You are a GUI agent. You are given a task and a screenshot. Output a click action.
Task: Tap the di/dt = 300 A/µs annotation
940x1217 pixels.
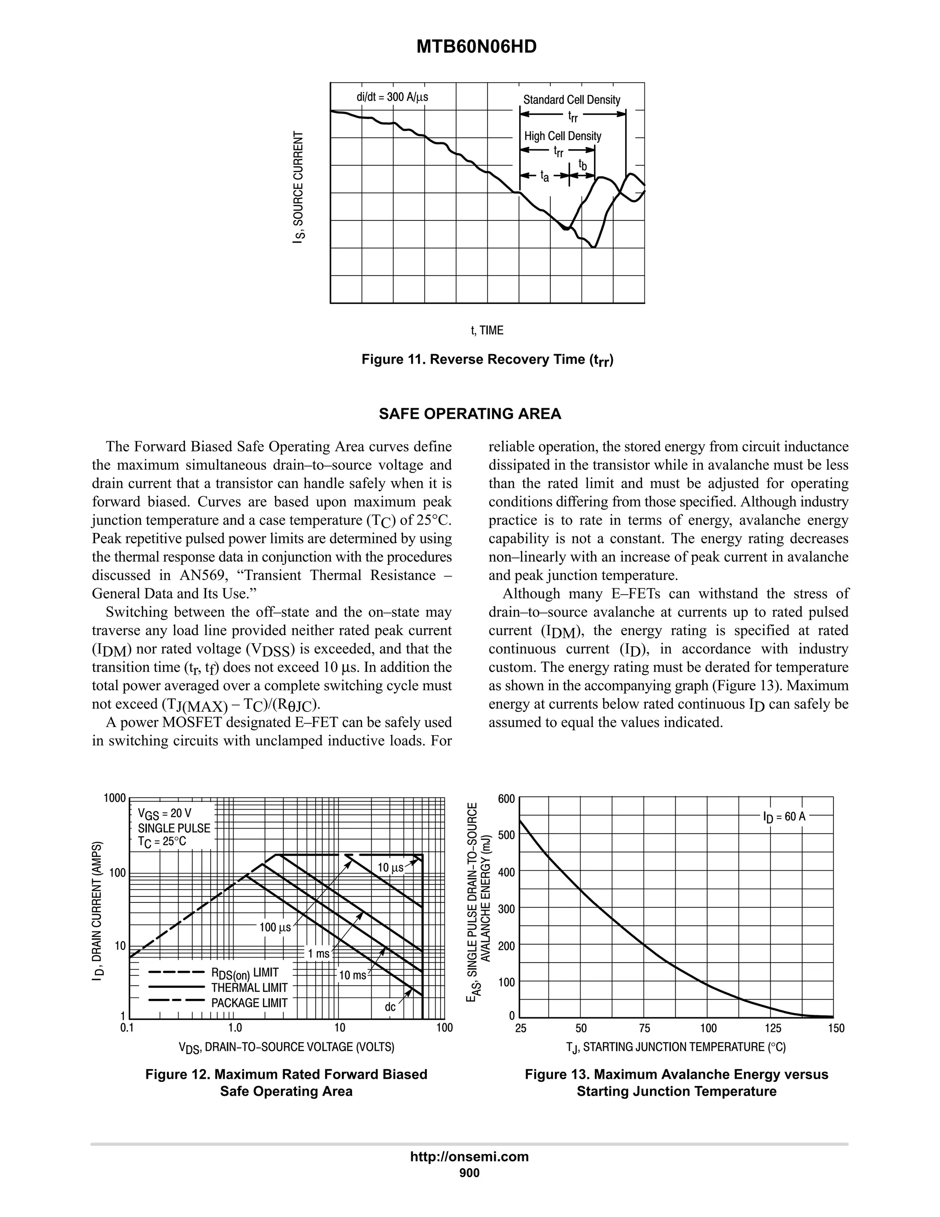[392, 97]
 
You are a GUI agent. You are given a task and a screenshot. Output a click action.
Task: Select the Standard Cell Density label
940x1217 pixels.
[571, 100]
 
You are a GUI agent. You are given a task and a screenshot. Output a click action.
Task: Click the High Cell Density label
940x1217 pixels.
[562, 136]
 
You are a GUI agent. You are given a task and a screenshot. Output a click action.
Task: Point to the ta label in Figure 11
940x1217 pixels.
[545, 177]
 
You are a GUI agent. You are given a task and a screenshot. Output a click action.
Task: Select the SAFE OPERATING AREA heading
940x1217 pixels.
[470, 413]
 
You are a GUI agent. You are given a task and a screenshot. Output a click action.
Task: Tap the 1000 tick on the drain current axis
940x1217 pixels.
[114, 798]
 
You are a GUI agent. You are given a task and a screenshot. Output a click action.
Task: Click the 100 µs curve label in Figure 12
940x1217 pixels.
[275, 927]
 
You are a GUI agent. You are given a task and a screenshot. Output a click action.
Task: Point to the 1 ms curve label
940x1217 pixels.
[319, 953]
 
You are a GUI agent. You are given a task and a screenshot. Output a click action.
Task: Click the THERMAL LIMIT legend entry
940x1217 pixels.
[249, 987]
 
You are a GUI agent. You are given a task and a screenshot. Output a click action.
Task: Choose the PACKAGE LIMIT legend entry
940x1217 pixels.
[249, 1003]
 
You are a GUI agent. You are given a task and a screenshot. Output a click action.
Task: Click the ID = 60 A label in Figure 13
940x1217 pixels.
[783, 817]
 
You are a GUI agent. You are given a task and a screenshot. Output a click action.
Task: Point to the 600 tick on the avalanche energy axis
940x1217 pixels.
[507, 799]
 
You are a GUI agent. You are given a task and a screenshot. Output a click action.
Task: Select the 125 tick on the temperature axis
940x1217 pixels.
[773, 1028]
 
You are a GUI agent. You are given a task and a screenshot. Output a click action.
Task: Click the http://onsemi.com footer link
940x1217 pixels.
[470, 1156]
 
